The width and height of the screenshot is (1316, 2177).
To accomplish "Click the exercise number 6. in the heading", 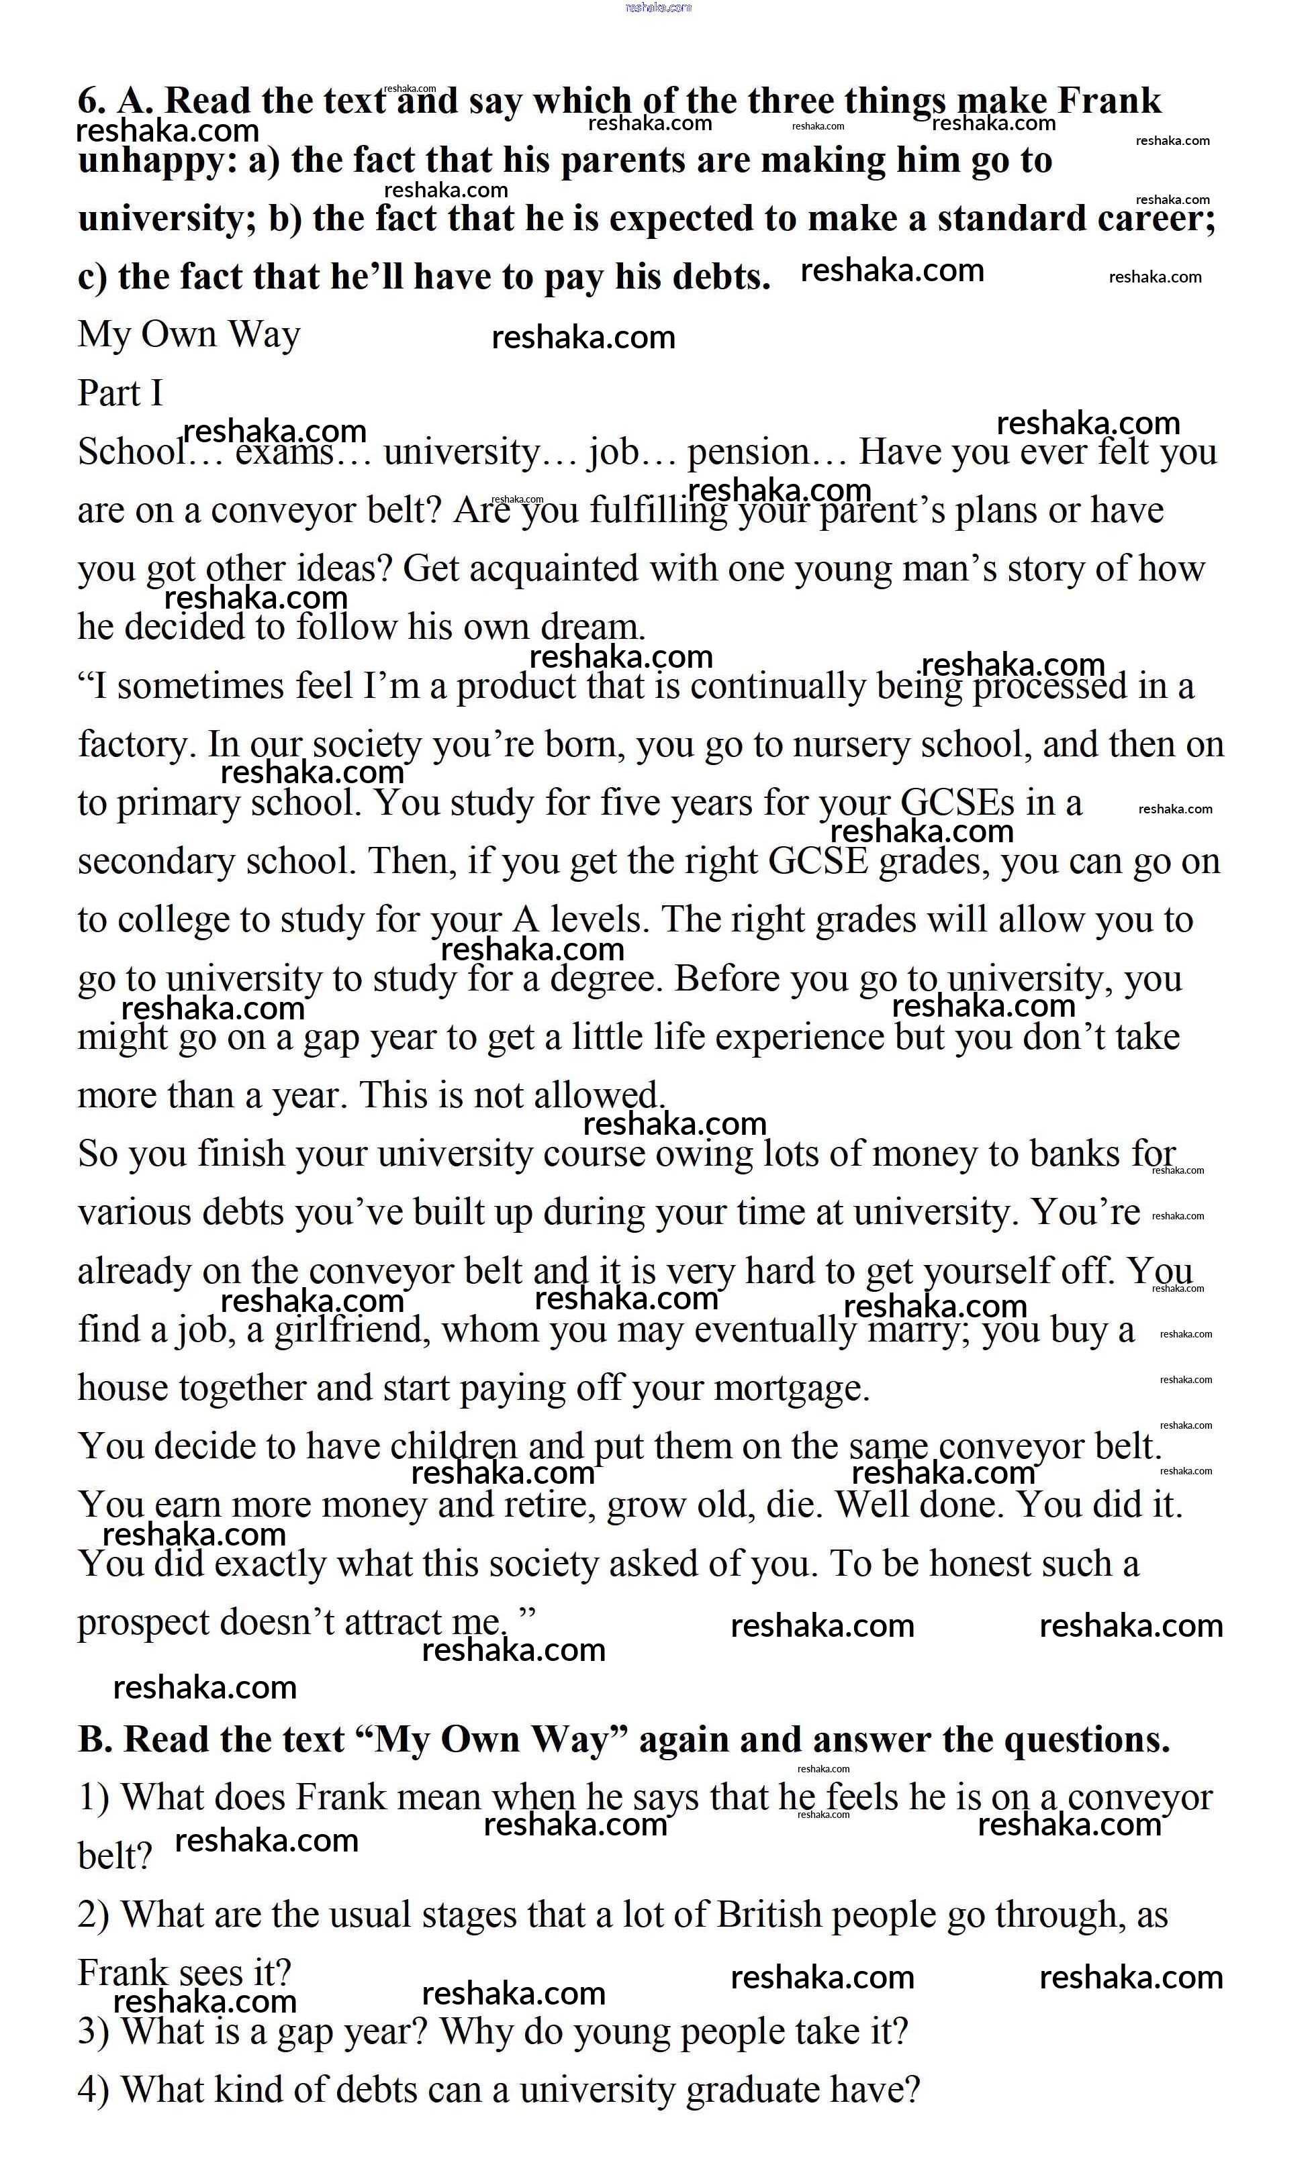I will pos(92,101).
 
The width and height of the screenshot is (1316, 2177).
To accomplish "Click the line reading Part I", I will pos(120,393).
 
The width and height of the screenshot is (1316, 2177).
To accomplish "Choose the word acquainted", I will pos(553,569).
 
